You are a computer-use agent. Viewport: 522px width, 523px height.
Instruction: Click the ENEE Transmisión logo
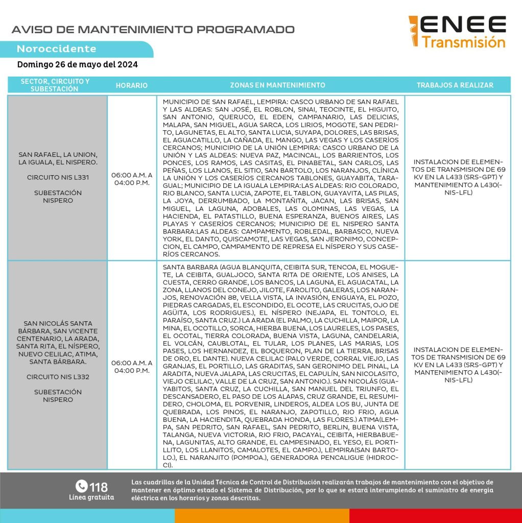coord(457,32)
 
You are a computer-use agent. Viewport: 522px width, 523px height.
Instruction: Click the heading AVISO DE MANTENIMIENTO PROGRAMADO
coord(153,29)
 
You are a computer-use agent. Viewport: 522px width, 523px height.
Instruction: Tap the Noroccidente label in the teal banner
coord(56,49)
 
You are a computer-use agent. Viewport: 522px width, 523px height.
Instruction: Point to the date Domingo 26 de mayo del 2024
coord(77,65)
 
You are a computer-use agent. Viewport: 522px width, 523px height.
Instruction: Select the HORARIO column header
coord(131,85)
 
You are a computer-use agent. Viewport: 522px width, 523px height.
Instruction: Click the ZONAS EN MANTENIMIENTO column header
coord(277,85)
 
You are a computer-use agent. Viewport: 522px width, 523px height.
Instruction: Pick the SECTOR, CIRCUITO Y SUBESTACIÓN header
coord(55,85)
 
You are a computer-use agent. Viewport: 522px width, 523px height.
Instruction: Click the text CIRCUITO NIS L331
coord(57,178)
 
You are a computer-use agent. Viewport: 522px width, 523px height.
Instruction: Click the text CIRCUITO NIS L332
coord(57,377)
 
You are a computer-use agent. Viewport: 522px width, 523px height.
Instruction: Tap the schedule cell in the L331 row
coord(131,178)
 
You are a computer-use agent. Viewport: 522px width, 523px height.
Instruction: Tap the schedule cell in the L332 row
coord(131,366)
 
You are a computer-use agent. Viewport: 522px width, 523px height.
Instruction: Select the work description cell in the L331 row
coord(458,177)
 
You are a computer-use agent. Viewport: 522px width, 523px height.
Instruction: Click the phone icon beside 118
coord(81,486)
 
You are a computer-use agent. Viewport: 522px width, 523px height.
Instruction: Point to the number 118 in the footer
coord(99,486)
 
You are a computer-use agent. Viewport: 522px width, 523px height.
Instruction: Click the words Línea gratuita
coord(91,497)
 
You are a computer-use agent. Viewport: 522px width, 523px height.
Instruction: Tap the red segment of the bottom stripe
coord(435,515)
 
